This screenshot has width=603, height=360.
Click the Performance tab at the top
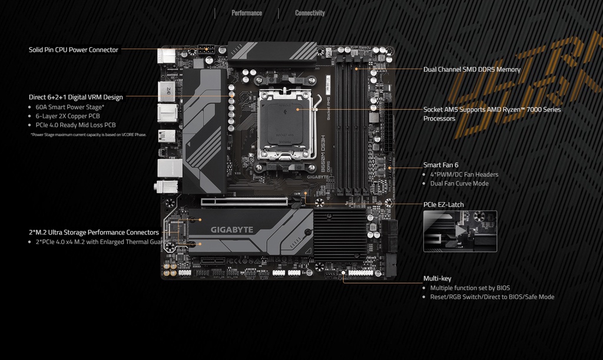click(x=247, y=13)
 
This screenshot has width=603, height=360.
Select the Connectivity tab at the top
click(x=310, y=13)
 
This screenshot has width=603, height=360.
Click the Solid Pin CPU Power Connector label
click(x=74, y=50)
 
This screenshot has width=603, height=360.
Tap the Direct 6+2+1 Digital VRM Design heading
click(x=76, y=97)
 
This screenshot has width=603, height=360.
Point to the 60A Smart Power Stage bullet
click(x=69, y=107)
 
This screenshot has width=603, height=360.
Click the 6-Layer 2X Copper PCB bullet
click(x=67, y=116)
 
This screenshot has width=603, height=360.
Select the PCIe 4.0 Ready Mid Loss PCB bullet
click(x=75, y=125)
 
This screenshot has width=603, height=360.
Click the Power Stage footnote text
click(x=88, y=135)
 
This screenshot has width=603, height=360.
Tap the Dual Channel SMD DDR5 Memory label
click(x=472, y=70)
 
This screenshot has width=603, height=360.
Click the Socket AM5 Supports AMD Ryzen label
click(x=492, y=110)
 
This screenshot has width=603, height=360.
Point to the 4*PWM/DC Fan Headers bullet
click(x=464, y=174)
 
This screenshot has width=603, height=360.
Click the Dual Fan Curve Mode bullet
click(x=459, y=183)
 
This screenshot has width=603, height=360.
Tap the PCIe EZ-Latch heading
click(x=443, y=205)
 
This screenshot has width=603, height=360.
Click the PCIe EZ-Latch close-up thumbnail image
click(x=460, y=231)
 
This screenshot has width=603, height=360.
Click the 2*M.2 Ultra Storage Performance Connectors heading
click(x=94, y=232)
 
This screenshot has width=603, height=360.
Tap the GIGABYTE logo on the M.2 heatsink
click(x=232, y=230)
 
